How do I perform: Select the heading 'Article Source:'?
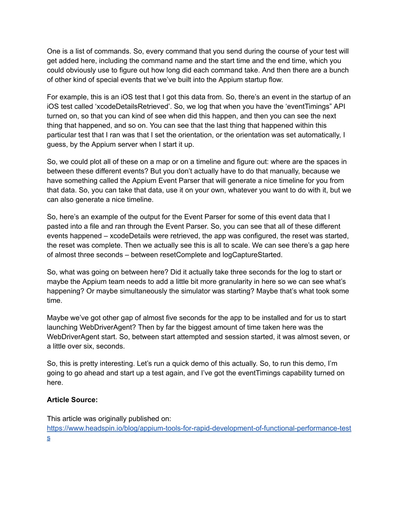pos(72,400)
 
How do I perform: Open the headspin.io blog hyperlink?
pos(199,428)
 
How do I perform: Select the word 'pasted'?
pos(57,226)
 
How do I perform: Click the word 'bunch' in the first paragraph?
pos(340,70)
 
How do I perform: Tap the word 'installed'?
pos(267,318)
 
